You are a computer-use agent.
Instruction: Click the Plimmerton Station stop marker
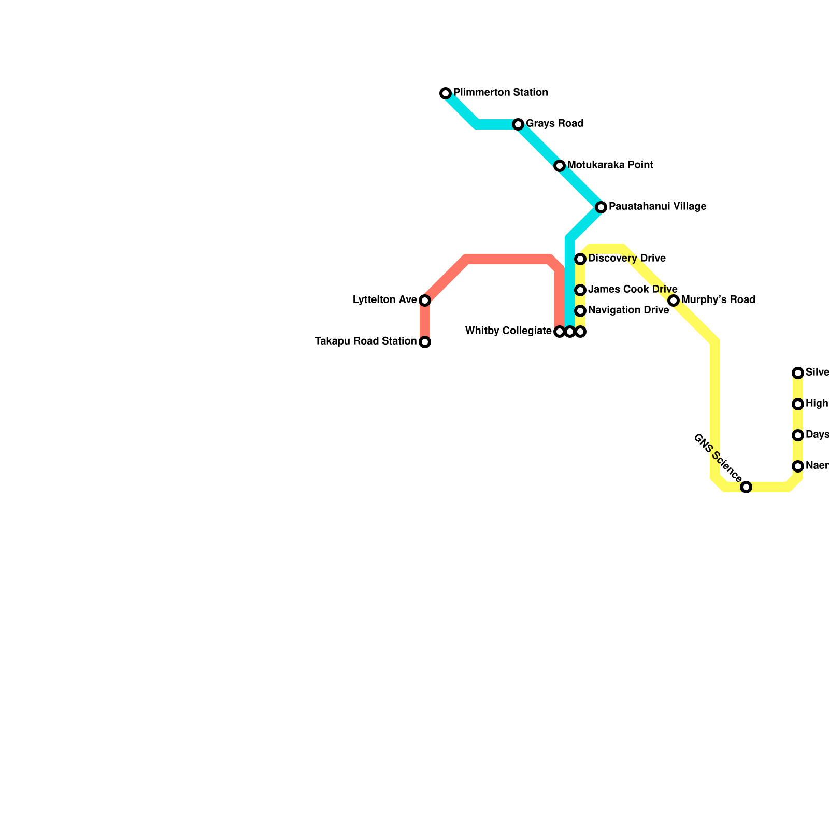(x=446, y=93)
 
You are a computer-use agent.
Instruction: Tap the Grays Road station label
(x=554, y=124)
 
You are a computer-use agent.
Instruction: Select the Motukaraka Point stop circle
(x=560, y=166)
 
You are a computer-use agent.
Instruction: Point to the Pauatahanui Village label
(x=657, y=207)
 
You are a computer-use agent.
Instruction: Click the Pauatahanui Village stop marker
(x=601, y=207)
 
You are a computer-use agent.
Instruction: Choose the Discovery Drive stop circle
(x=580, y=259)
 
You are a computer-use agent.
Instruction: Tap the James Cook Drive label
(x=633, y=289)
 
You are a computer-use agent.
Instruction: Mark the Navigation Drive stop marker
(x=580, y=310)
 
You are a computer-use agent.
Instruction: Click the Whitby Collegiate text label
(x=508, y=331)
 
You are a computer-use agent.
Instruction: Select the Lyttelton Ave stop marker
(x=425, y=301)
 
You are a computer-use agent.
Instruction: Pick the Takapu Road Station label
(x=366, y=341)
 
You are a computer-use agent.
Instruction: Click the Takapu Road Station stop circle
(x=425, y=342)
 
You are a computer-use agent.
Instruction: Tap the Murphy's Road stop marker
(x=674, y=301)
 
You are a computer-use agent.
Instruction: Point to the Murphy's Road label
(x=718, y=300)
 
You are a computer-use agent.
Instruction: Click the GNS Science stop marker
(x=746, y=487)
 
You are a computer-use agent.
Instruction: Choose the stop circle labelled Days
(x=798, y=435)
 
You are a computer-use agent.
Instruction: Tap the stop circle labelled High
(x=798, y=404)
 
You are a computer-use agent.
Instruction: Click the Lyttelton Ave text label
(x=384, y=300)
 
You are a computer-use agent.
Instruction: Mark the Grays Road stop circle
(x=518, y=124)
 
